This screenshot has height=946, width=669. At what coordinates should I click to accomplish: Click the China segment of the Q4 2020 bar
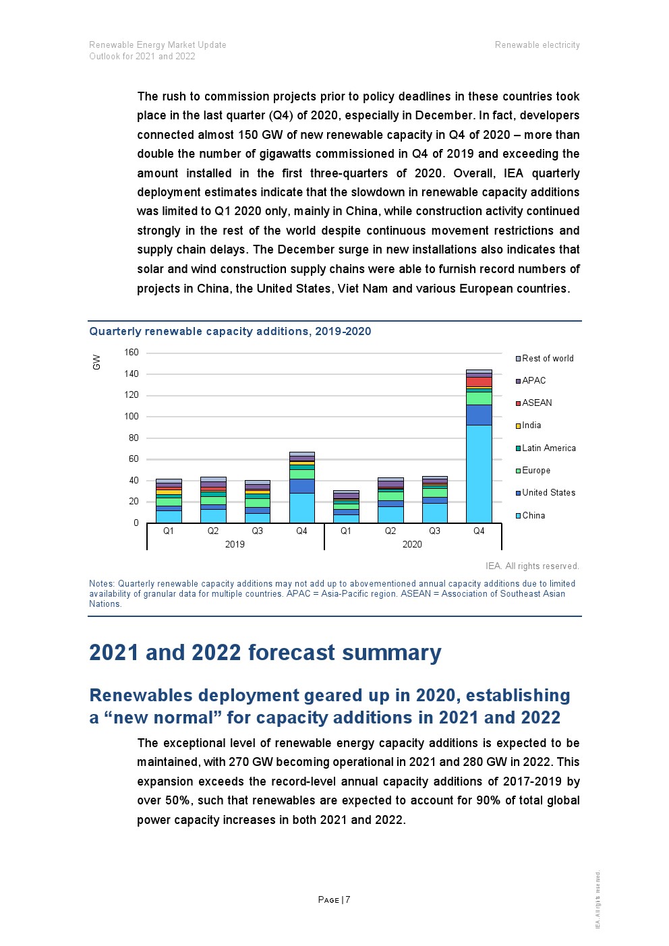click(x=479, y=473)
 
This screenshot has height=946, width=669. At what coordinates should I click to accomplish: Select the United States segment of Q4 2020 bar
click(x=479, y=415)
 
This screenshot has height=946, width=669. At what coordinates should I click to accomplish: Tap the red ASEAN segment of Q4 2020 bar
click(x=479, y=382)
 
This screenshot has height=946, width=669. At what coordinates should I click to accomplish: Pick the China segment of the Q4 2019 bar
click(x=301, y=508)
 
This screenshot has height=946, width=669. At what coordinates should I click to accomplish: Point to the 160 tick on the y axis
click(x=132, y=353)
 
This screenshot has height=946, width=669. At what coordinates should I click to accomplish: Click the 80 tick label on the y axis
click(x=134, y=438)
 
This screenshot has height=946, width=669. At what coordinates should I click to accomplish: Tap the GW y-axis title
click(x=96, y=362)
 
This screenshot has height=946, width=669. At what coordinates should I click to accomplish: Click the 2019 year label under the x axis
click(x=235, y=545)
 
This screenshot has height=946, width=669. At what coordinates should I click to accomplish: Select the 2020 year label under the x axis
click(x=412, y=545)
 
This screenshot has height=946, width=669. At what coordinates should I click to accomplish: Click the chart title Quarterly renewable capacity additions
click(x=230, y=332)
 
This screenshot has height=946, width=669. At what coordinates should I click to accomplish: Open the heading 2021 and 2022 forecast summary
click(x=265, y=653)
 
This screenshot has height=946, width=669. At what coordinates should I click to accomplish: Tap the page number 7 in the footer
click(x=348, y=900)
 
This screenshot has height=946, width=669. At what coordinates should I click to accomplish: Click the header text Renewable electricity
click(x=537, y=45)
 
